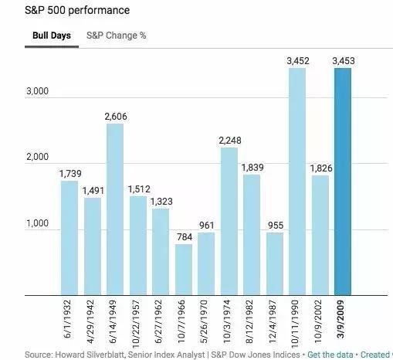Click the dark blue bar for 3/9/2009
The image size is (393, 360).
click(343, 182)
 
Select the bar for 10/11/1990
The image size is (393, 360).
click(297, 182)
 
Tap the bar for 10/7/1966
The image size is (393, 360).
click(184, 270)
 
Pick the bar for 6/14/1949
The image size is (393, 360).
click(115, 209)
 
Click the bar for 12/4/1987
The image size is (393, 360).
click(275, 264)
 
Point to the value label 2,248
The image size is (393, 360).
click(230, 141)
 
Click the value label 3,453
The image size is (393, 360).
click(344, 61)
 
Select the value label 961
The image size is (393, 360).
click(207, 226)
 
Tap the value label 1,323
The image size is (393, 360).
click(161, 202)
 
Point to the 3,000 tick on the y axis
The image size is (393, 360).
click(37, 91)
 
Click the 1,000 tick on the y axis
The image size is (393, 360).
click(37, 223)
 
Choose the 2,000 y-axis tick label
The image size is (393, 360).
click(37, 157)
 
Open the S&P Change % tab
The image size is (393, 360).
click(117, 36)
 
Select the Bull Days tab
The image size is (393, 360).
click(52, 36)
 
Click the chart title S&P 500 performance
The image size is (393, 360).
click(77, 10)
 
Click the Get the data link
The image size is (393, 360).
click(330, 355)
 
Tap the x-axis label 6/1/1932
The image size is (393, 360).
click(67, 319)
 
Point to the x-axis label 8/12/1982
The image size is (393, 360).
click(249, 321)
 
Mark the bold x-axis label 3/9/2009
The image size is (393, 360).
click(340, 319)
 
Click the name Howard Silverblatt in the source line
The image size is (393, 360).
click(90, 355)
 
